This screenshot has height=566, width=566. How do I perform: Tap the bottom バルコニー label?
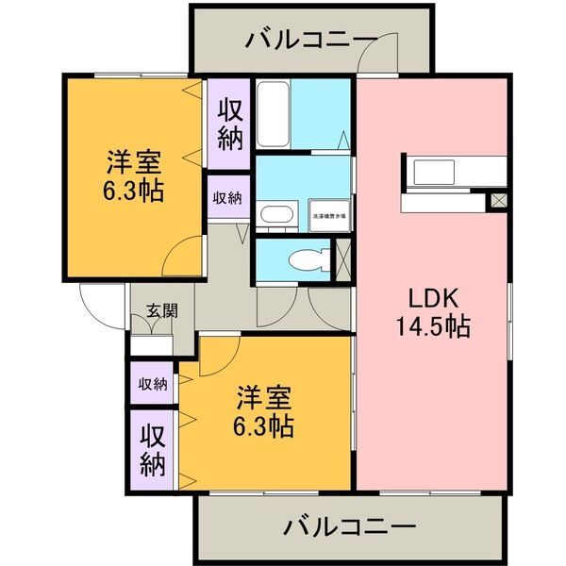coord(349,524)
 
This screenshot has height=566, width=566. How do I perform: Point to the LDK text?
coord(433,298)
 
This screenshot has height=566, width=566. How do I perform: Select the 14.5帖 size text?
coord(433,327)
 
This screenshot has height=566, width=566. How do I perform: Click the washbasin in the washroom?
coord(275,213)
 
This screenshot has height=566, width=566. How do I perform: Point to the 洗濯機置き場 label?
coord(329,215)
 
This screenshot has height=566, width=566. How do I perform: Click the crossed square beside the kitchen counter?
coord(497,201)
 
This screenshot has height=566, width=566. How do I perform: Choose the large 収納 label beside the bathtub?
coord(230,125)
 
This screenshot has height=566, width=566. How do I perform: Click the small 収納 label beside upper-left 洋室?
coord(226,198)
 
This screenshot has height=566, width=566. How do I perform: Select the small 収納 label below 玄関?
coord(152,384)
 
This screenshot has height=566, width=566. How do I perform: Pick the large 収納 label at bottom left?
coord(153,450)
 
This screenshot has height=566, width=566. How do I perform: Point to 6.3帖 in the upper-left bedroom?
coord(133,191)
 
